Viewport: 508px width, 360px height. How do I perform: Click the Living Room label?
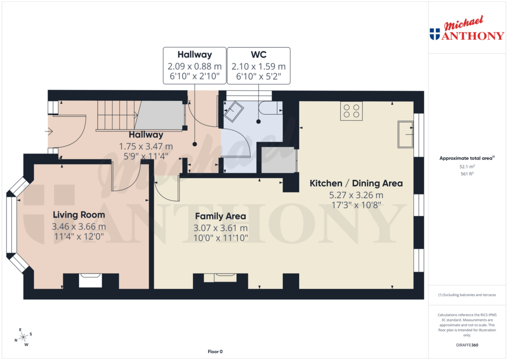[79, 215]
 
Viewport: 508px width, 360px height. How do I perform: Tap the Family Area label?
[220, 216]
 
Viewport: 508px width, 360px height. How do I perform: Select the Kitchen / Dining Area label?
[356, 183]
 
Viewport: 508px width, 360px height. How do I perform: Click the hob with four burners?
[351, 111]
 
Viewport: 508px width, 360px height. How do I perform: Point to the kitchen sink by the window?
[406, 134]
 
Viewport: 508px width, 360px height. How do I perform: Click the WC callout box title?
[258, 55]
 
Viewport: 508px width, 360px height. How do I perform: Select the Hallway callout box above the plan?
[194, 66]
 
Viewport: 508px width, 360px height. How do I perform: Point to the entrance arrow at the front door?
[49, 131]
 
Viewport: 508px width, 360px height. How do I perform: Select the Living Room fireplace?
[91, 281]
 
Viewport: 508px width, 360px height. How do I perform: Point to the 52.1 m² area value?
[466, 167]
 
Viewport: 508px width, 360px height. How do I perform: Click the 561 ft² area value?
[466, 174]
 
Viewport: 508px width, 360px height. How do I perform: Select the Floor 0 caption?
[215, 352]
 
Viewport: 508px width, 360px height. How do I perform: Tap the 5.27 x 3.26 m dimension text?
[356, 195]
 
